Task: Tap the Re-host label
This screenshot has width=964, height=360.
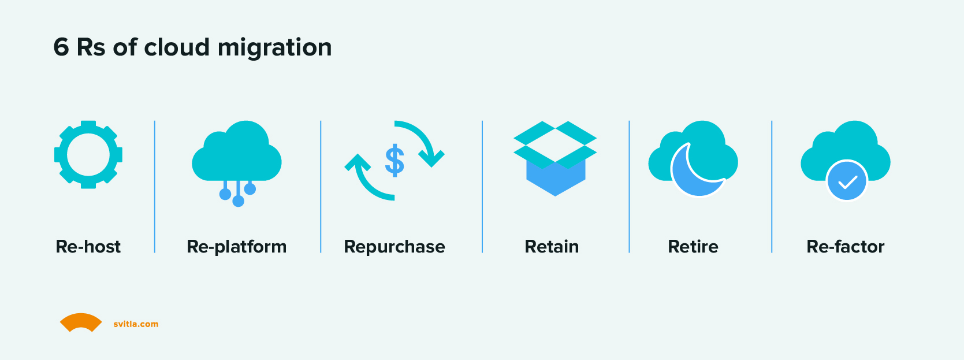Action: pos(88,247)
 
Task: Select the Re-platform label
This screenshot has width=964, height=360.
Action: pos(237,247)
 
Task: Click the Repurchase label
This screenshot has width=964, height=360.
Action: pos(394,247)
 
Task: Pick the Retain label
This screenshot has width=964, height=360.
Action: pos(552,247)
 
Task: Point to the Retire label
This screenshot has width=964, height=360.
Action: pos(693,247)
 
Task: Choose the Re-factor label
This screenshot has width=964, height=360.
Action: pos(845,247)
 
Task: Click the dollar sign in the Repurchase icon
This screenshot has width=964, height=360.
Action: pos(394,161)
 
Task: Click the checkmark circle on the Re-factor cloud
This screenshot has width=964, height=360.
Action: pos(847,181)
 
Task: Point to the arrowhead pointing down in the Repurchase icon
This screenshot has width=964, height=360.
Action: pos(431,158)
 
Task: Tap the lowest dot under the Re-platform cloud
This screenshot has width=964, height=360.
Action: pos(238,201)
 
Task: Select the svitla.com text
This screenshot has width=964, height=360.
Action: pos(136,324)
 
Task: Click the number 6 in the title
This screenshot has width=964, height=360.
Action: pos(61,47)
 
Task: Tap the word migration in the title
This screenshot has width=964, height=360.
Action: pos(274,48)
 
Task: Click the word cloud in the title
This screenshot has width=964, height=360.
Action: pos(177,46)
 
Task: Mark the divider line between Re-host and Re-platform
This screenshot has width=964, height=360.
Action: pos(154,187)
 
